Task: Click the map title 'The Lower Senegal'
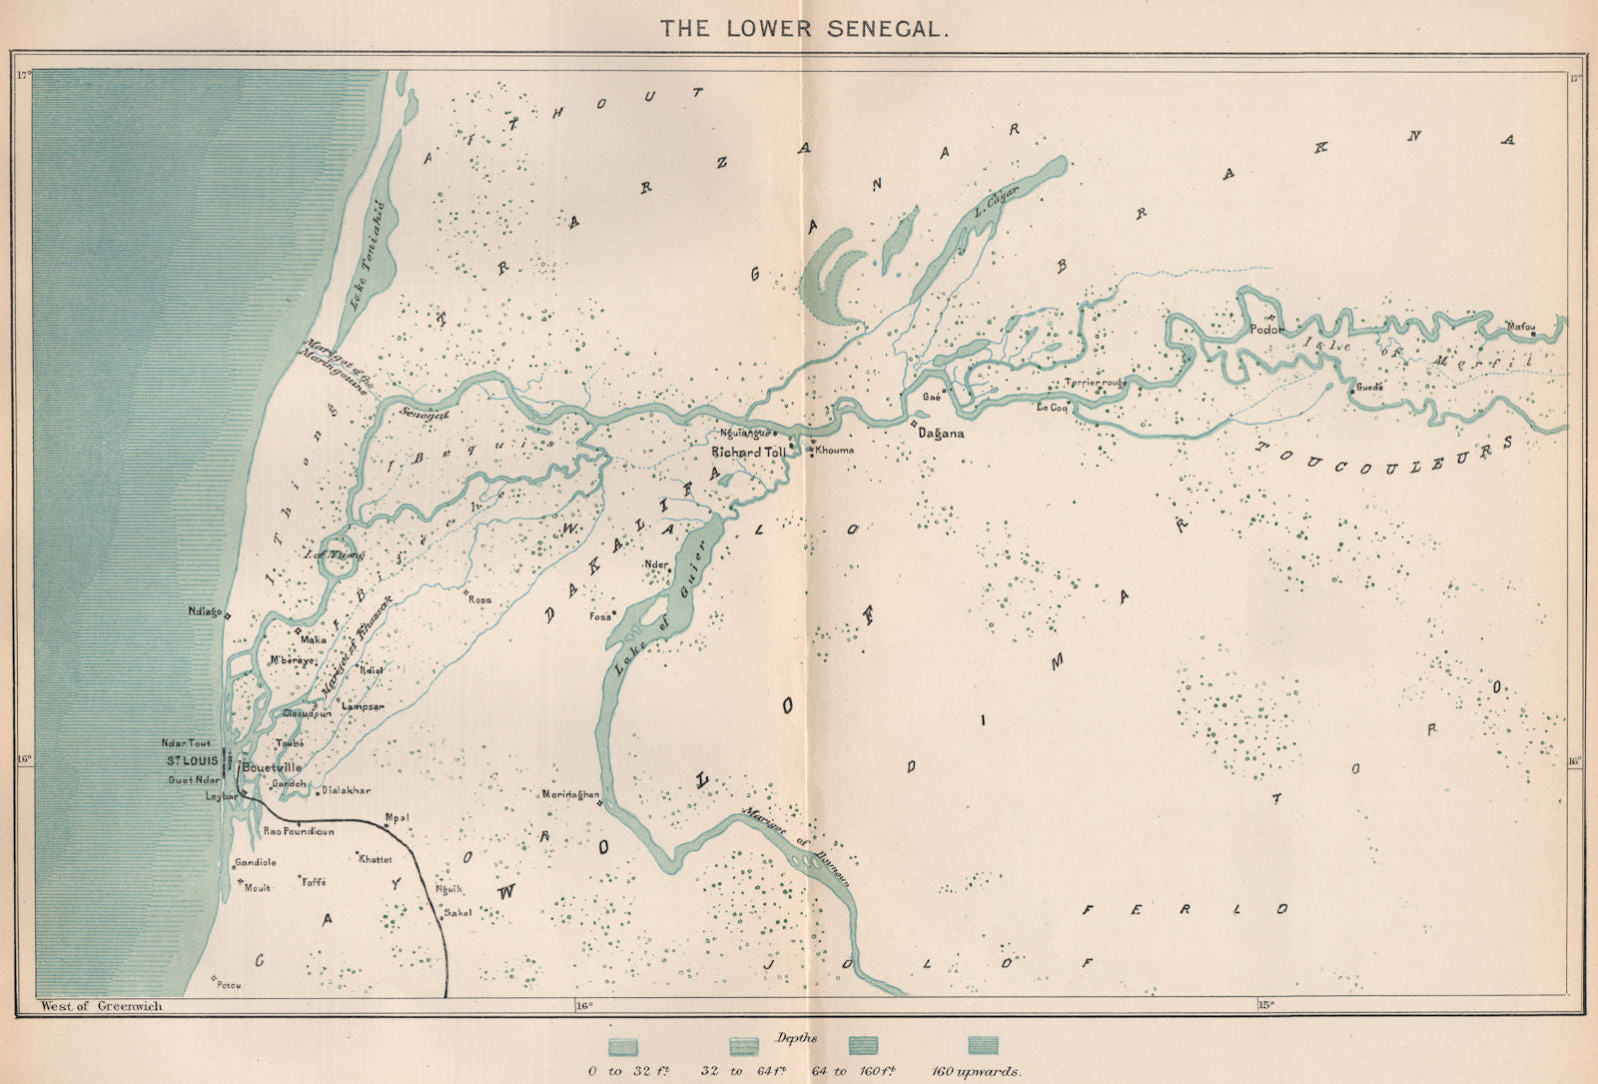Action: pos(802,28)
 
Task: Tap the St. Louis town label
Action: pos(192,761)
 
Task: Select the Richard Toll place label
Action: pos(749,453)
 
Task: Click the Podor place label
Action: pos(1266,329)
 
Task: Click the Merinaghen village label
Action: pos(568,795)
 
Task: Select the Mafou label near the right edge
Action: pos(1520,325)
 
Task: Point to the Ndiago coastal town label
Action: pos(203,611)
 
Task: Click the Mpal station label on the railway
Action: pos(397,816)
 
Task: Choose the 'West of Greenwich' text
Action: pos(101,1006)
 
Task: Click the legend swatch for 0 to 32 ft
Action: pos(625,1045)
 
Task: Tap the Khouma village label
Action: pos(834,451)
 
